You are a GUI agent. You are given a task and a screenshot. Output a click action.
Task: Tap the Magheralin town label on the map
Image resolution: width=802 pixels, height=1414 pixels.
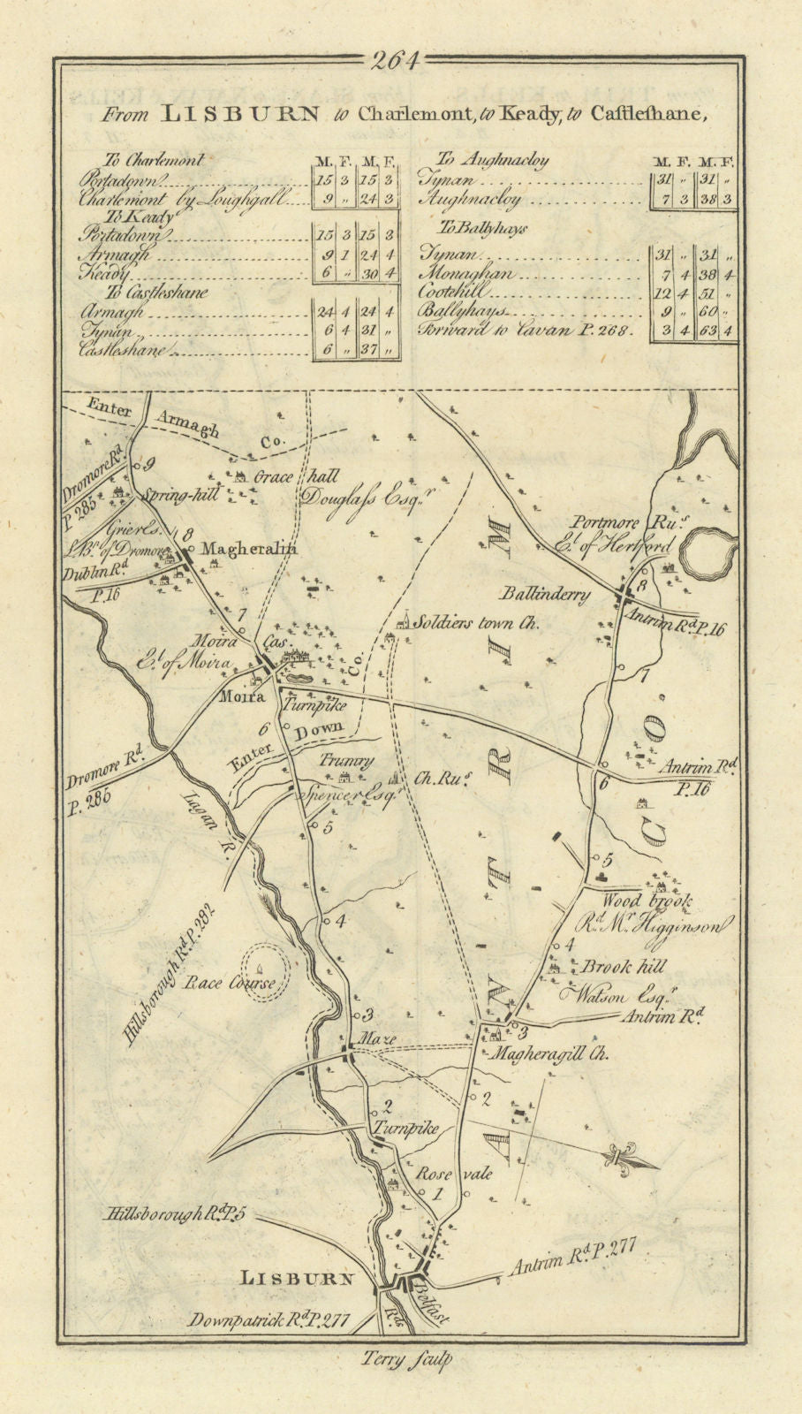coord(250,549)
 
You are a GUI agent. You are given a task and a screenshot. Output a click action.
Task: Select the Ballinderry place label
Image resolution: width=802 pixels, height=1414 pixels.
coord(547,594)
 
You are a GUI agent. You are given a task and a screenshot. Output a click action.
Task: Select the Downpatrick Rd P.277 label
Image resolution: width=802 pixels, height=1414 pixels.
coord(269,1320)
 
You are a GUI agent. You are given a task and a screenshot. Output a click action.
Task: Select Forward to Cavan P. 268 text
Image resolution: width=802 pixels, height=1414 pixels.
coord(528,331)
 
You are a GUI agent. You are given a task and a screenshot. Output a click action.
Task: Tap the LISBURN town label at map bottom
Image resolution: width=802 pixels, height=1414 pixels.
coord(298,1278)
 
